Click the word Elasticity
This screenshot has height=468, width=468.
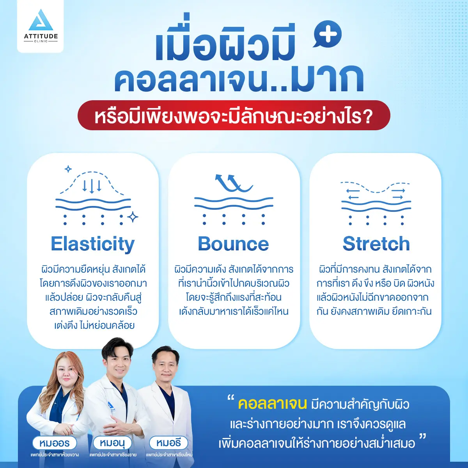(x=93, y=244)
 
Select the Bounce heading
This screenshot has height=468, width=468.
(x=233, y=244)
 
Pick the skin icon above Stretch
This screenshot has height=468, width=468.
(x=376, y=203)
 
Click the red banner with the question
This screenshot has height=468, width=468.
(x=234, y=115)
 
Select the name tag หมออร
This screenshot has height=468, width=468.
(x=54, y=443)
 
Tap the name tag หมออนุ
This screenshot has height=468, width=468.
(x=112, y=443)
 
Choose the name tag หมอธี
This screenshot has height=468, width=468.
(x=168, y=443)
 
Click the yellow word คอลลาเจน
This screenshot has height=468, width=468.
(x=272, y=404)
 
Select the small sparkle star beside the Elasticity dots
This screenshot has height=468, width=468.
(x=133, y=217)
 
